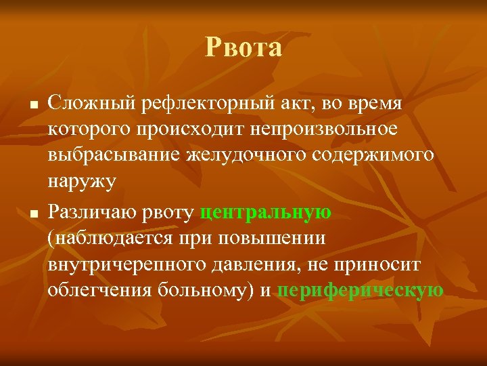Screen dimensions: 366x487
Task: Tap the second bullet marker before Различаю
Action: [32, 215]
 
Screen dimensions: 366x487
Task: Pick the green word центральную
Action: [266, 212]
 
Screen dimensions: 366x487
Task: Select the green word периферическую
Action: [361, 290]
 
